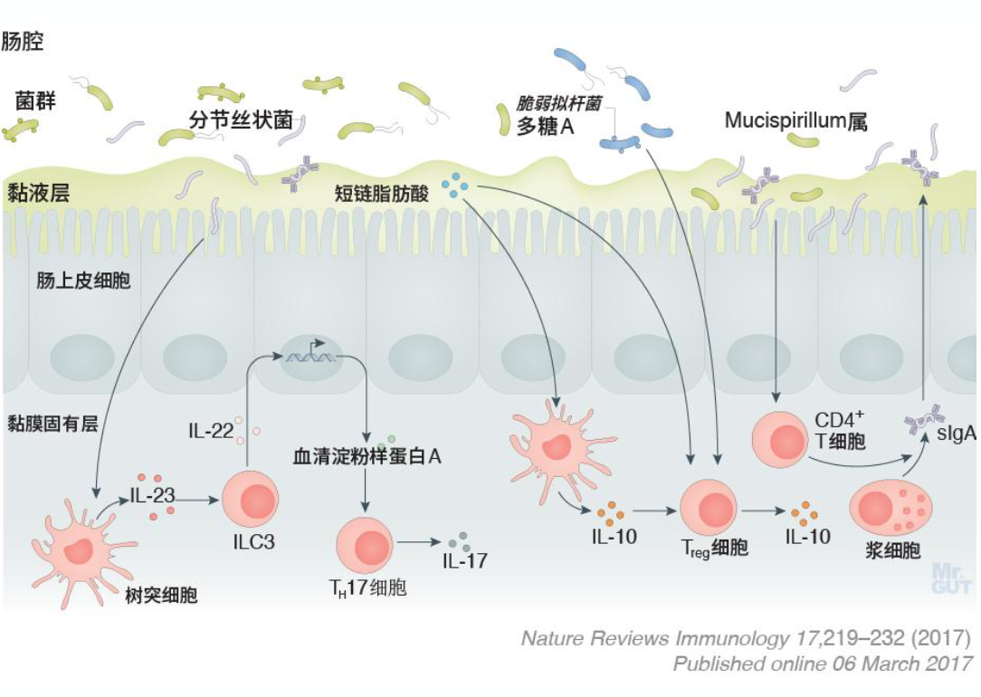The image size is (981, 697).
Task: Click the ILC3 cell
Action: click(250, 501)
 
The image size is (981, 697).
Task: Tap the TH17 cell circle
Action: click(366, 545)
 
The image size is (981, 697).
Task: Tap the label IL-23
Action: click(150, 495)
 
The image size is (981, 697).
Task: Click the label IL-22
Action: click(210, 430)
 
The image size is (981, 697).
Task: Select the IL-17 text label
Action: click(464, 560)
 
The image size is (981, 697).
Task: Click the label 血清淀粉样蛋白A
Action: click(367, 456)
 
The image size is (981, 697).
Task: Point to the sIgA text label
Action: click(956, 434)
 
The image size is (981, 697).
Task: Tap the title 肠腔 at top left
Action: click(24, 42)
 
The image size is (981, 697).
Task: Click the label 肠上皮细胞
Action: click(83, 281)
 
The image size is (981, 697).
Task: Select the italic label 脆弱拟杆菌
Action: click(558, 103)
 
